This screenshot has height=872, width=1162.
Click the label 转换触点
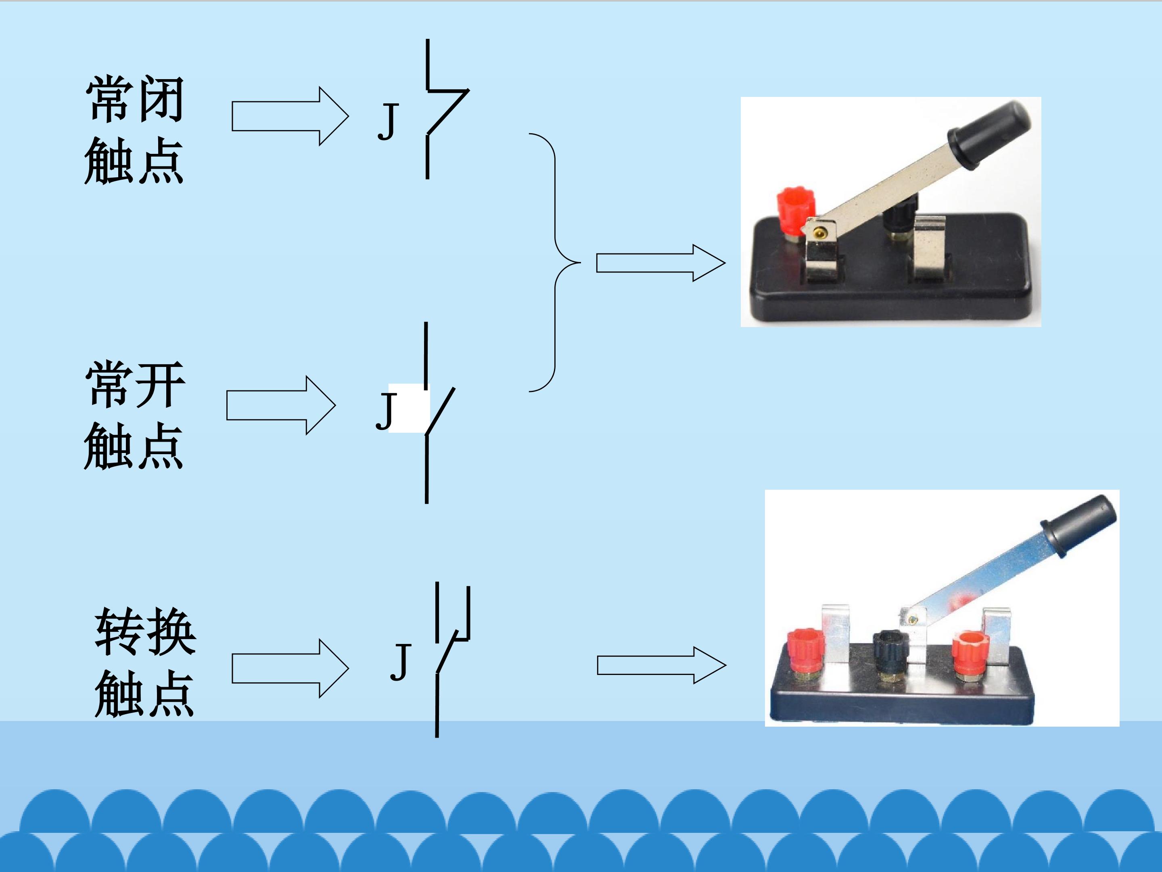144,662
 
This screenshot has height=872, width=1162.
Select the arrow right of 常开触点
280,405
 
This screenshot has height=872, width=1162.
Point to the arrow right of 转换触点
290,669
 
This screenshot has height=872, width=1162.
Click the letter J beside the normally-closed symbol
388,122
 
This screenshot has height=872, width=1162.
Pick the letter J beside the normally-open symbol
386,411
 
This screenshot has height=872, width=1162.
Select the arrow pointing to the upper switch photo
660,263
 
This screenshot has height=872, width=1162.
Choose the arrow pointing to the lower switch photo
661,665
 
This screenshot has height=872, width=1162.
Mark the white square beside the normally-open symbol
409,409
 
